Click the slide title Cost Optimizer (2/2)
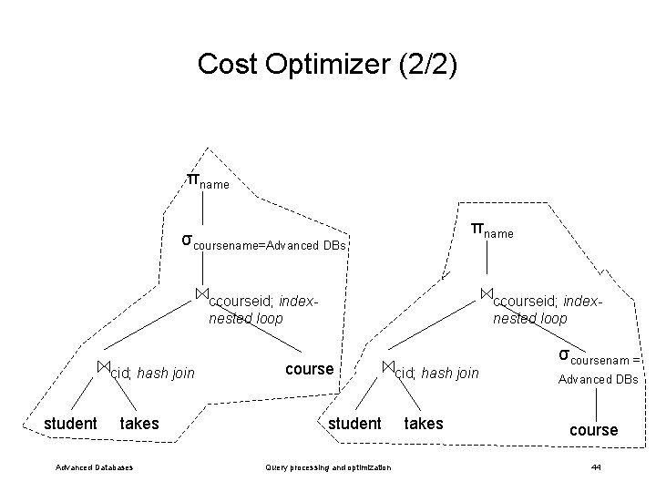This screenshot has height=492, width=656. point(328,64)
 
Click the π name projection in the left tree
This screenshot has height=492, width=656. point(208,180)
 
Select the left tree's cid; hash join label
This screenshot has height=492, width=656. point(149,372)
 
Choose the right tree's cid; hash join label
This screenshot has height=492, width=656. point(434,372)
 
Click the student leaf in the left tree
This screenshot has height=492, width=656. point(70,423)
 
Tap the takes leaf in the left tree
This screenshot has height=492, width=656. point(139,423)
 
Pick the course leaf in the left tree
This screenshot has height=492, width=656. point(310,369)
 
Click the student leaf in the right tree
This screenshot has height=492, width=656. point(354,423)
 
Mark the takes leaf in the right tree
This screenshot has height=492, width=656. point(424,423)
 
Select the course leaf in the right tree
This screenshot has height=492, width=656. point(593,429)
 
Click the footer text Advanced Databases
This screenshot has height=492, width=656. point(94,467)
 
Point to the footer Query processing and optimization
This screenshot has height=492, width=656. point(326,467)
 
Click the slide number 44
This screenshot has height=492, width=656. point(596,467)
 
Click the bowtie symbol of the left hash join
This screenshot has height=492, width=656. point(104,366)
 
